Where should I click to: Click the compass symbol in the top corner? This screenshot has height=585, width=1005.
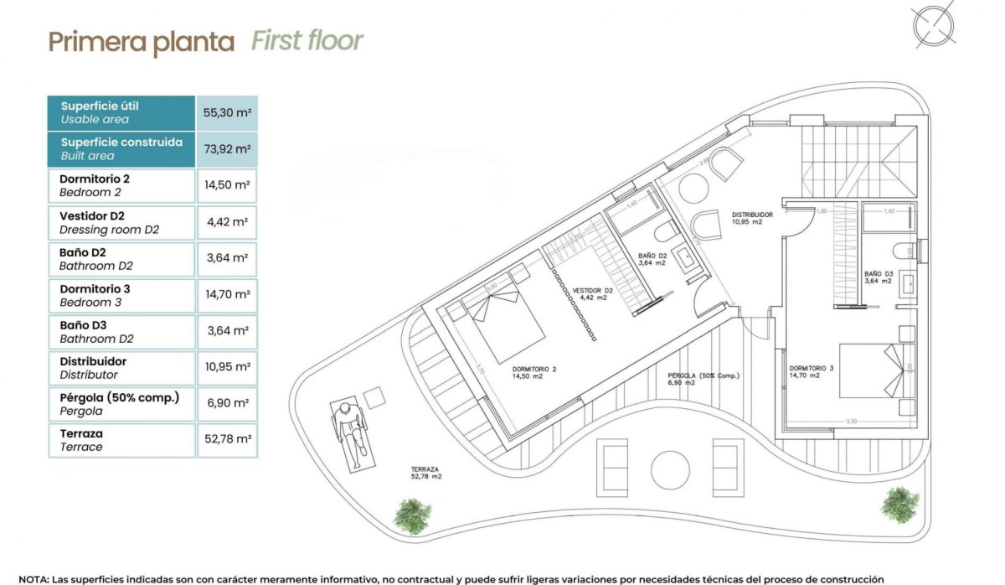coord(934,26)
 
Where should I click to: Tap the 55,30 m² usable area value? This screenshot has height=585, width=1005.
coord(226,112)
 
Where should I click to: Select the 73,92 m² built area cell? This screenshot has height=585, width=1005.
coord(226,149)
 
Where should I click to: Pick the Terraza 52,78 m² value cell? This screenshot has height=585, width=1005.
coord(226,440)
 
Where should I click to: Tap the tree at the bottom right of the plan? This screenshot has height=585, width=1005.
coord(899,505)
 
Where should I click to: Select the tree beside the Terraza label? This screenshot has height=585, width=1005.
coord(412,515)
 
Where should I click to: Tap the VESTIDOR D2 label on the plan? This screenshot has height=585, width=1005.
coord(591,293)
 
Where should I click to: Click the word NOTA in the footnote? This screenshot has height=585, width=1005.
coord(33,578)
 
